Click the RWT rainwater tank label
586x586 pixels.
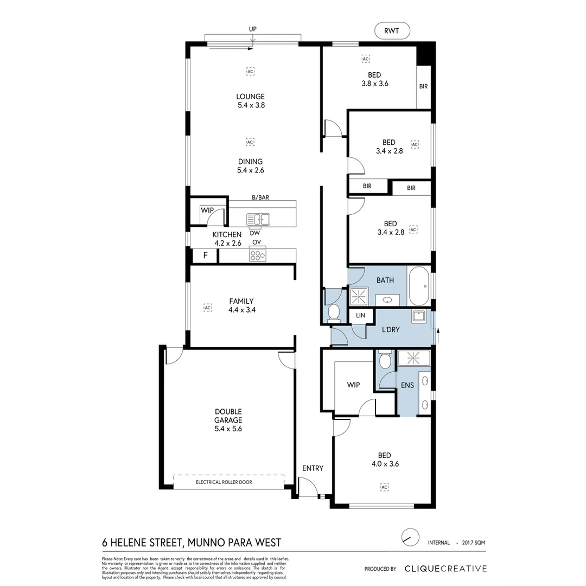[x=392, y=31]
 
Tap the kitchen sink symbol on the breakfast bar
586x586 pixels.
[x=258, y=220]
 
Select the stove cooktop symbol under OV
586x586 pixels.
[x=258, y=255]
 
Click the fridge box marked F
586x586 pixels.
[x=205, y=256]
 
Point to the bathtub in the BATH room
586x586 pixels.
[x=418, y=286]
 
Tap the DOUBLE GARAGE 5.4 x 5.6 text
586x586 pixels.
[x=228, y=420]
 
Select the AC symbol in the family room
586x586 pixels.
[x=207, y=308]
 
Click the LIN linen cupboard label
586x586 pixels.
[x=360, y=316]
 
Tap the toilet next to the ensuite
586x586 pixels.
[x=385, y=360]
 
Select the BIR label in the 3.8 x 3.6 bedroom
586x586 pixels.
[x=423, y=86]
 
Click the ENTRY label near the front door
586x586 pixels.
[x=313, y=468]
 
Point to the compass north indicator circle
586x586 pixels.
[x=410, y=538]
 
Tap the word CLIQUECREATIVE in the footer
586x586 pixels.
[x=445, y=569]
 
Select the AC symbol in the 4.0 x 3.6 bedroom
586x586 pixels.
[x=385, y=487]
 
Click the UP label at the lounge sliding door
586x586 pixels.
[x=252, y=29]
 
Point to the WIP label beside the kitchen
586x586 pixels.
[x=207, y=210]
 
